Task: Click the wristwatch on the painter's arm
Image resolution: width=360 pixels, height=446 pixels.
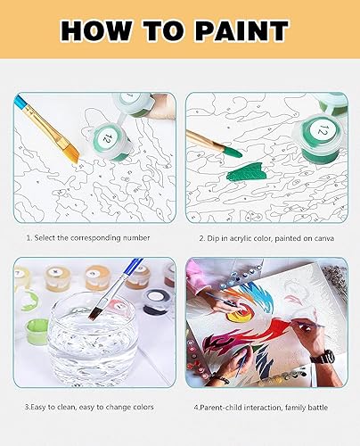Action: (x=327, y=357)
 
